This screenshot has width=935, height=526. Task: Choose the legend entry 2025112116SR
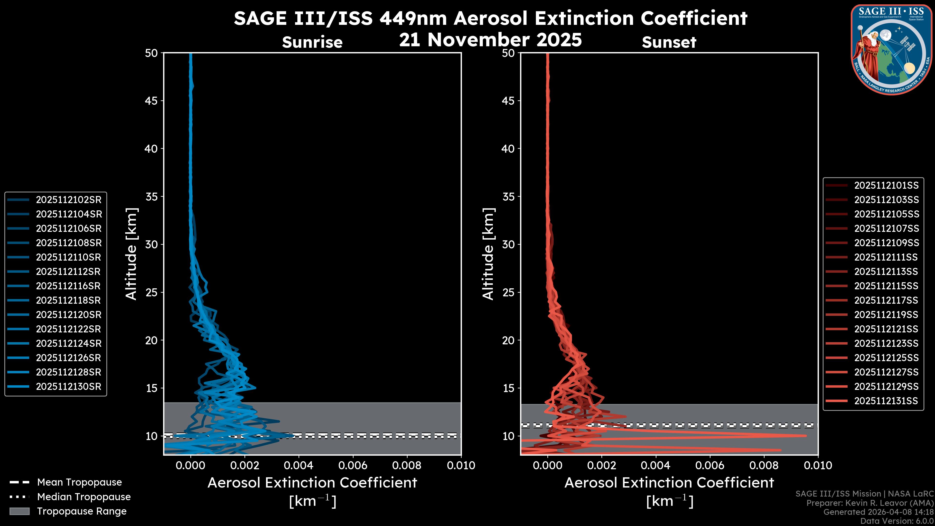[68, 286]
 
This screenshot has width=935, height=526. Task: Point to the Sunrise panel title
[312, 42]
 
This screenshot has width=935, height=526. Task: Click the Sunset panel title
[669, 42]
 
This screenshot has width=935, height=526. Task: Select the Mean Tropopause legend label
[79, 482]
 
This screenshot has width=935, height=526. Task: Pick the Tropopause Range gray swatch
[19, 511]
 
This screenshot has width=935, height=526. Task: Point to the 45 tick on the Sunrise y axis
[151, 101]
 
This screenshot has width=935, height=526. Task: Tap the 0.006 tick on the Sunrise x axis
[352, 465]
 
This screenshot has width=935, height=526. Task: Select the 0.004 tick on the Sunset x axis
[655, 465]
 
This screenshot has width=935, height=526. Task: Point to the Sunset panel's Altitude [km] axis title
[488, 254]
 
